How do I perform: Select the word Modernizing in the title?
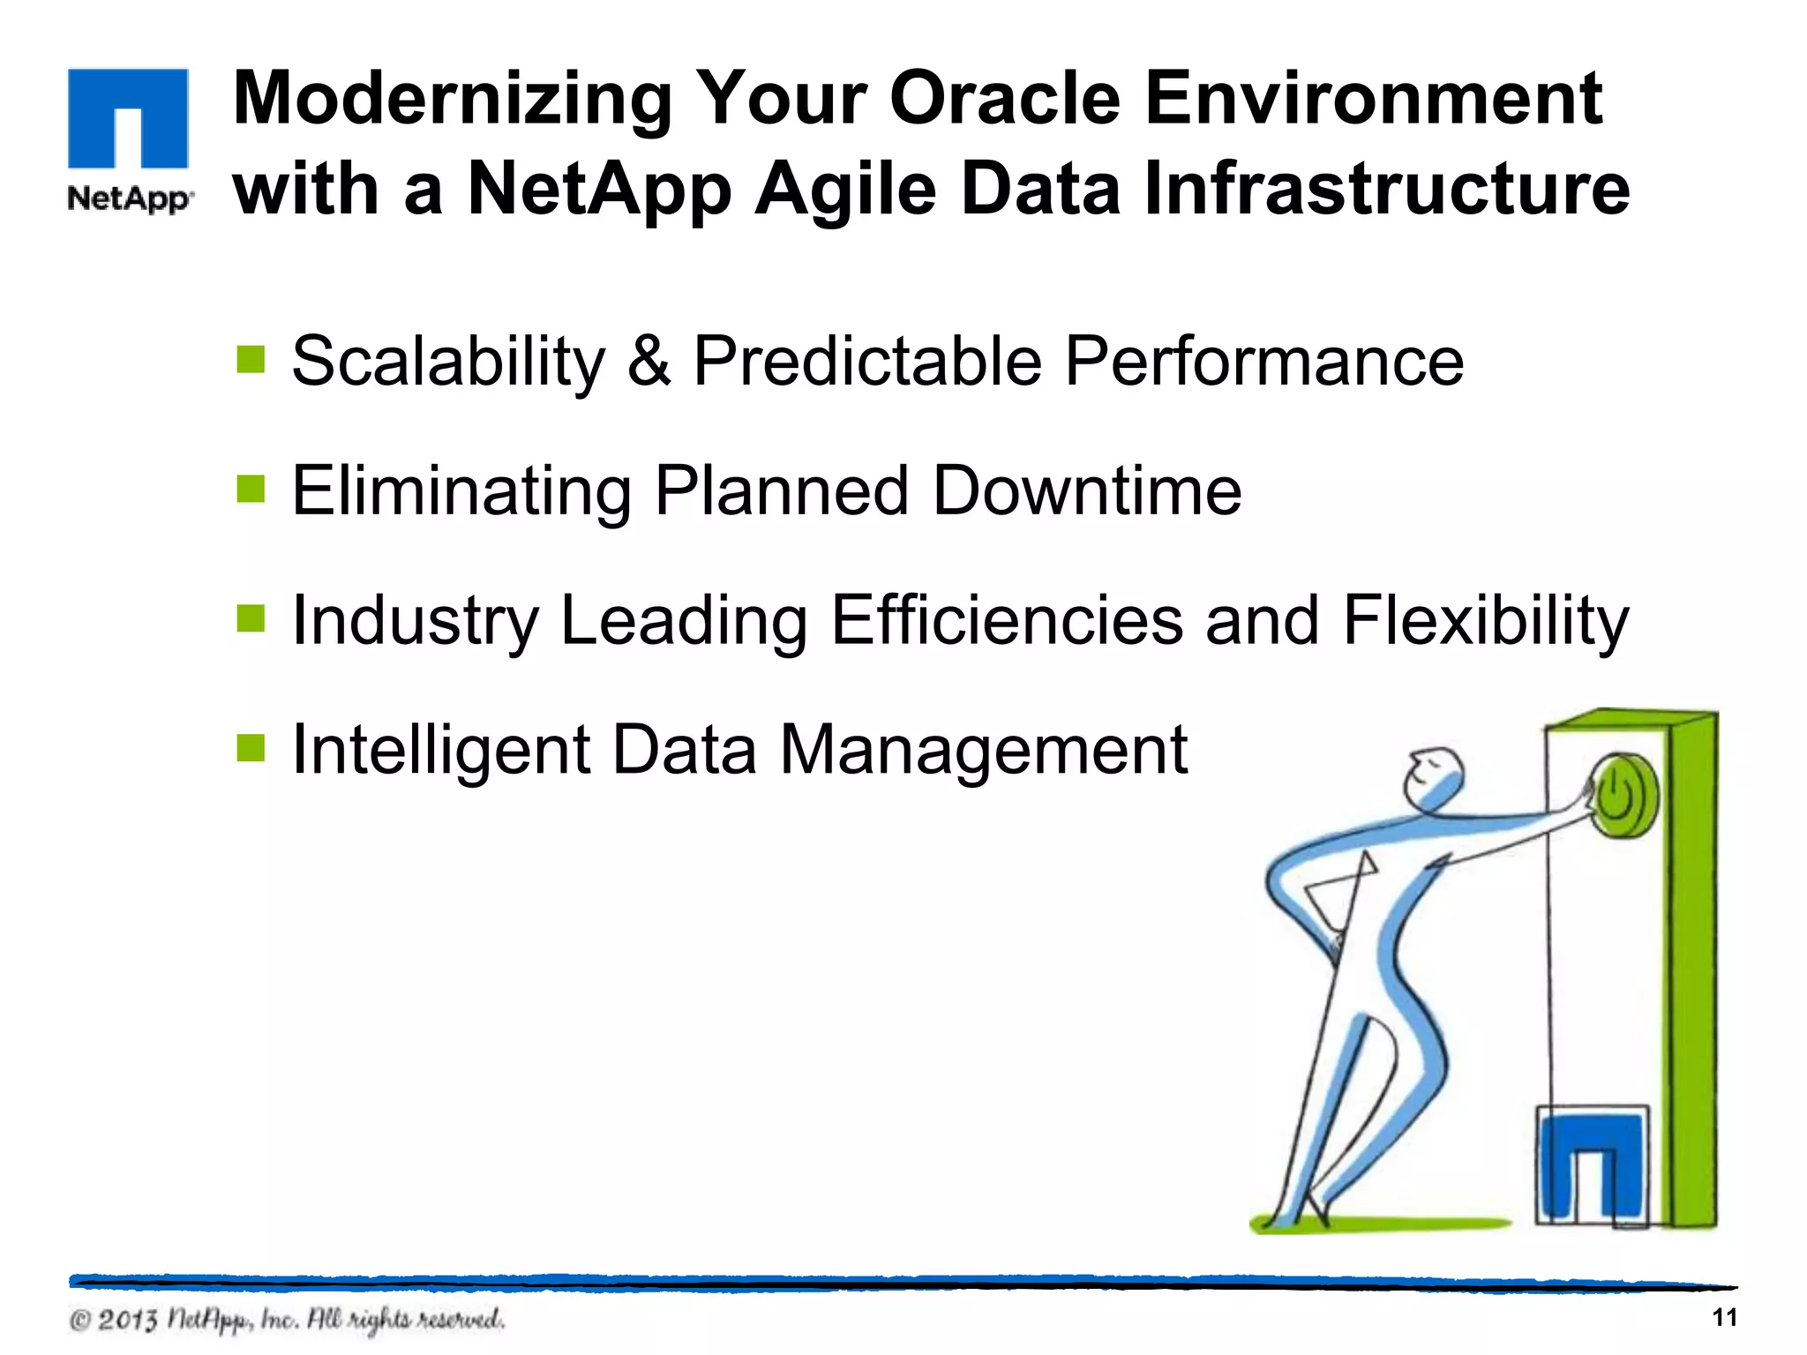pyautogui.click(x=453, y=100)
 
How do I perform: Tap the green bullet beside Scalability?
pyautogui.click(x=251, y=359)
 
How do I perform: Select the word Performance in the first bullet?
pyautogui.click(x=1263, y=361)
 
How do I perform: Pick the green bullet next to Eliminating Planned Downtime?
pyautogui.click(x=251, y=488)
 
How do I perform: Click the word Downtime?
pyautogui.click(x=1087, y=490)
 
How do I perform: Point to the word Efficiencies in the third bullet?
pyautogui.click(x=1007, y=620)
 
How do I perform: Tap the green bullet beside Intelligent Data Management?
pyautogui.click(x=251, y=748)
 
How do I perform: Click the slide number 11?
pyautogui.click(x=1723, y=1318)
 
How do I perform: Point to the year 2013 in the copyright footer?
pyautogui.click(x=127, y=1321)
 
